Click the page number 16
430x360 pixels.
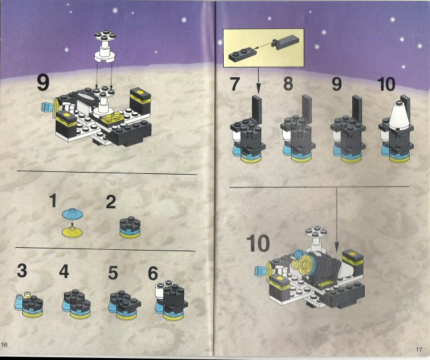tap(5, 345)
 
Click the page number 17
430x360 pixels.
tap(419, 349)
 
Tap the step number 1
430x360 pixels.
tap(53, 200)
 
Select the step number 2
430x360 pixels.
tap(111, 202)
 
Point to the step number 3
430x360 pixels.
tap(22, 271)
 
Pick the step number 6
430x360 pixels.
tap(153, 273)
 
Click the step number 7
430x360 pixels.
tap(235, 84)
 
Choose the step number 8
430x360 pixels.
tap(288, 84)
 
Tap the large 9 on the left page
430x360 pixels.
tap(43, 83)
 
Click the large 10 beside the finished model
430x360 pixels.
tap(258, 244)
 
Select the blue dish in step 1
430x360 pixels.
tap(73, 214)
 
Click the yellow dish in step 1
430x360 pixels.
tap(72, 232)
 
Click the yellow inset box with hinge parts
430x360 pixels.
tap(263, 48)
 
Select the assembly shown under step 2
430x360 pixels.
tap(130, 227)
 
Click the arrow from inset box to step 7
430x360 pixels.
tap(258, 81)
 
